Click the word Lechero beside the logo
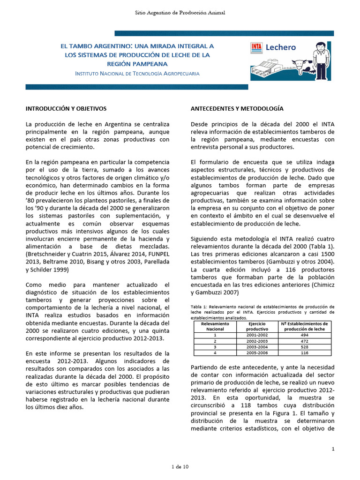point(281,47)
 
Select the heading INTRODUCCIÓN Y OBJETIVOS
point(66,108)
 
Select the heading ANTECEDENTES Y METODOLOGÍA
point(237,108)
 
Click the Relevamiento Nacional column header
point(215,326)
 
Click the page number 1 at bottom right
point(332,449)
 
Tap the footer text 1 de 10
point(180,467)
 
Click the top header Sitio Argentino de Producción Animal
point(180,12)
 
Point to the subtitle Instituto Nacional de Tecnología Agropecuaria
point(137,74)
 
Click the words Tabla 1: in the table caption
point(199,307)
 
